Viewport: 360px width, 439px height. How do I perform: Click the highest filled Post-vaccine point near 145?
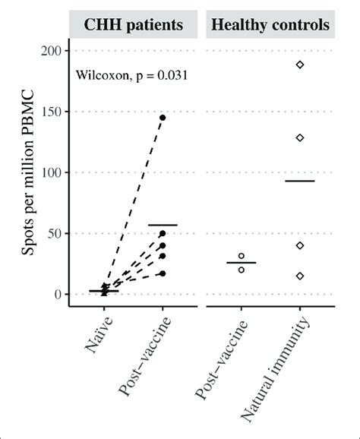pyautogui.click(x=163, y=118)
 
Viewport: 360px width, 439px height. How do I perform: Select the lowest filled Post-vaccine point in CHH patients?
pyautogui.click(x=163, y=273)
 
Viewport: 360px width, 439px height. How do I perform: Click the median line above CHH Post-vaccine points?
pyautogui.click(x=163, y=225)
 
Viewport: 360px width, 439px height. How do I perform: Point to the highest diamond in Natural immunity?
pyautogui.click(x=300, y=65)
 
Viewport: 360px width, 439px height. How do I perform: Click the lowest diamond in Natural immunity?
pyautogui.click(x=300, y=276)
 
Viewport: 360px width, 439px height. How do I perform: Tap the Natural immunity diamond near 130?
pyautogui.click(x=300, y=137)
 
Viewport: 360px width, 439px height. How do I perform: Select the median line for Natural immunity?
pyautogui.click(x=300, y=181)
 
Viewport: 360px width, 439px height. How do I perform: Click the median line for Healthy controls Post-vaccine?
pyautogui.click(x=242, y=263)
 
